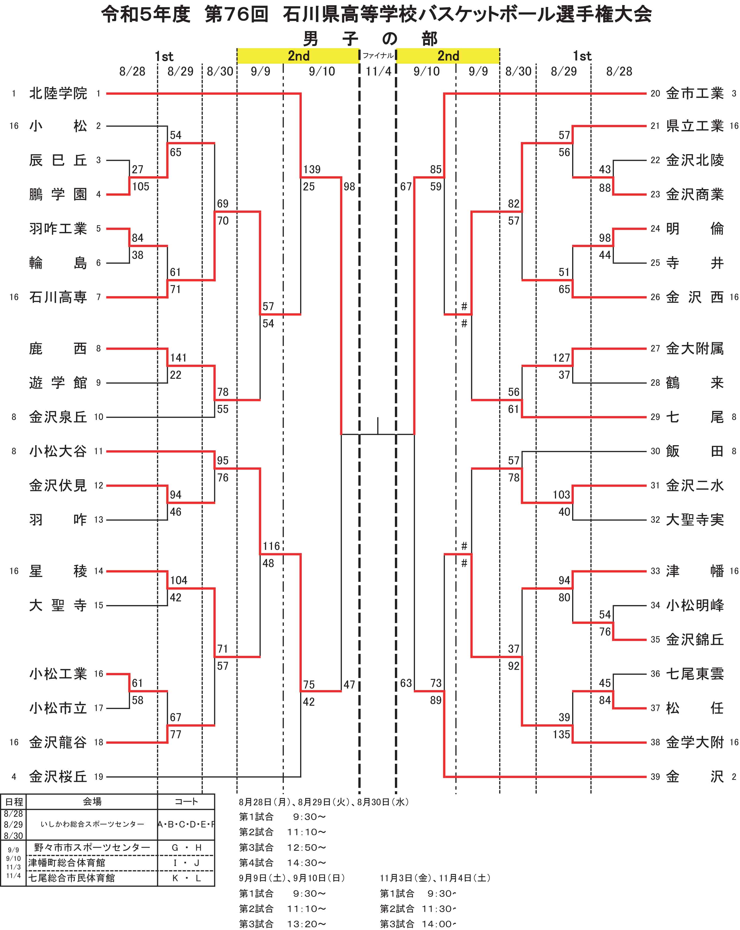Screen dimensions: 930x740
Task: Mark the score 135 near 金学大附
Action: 561,734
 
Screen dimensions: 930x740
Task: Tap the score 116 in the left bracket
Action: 271,546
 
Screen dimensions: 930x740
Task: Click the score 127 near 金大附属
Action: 561,358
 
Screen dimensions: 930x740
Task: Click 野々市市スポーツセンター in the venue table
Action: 92,847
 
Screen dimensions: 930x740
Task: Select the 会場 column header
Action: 92,802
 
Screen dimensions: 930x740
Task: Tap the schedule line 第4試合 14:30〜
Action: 282,863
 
